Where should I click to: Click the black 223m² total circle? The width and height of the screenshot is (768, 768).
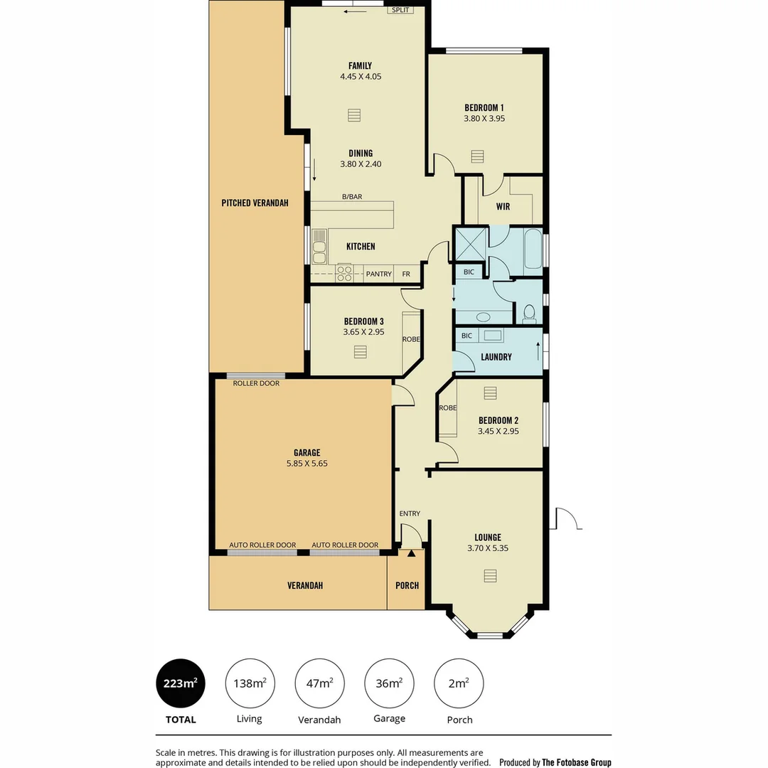pos(181,684)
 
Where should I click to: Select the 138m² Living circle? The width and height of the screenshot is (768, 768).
pos(250,684)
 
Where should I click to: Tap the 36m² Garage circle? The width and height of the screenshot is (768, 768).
pos(389,684)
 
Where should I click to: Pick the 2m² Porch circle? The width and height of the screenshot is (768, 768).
pos(459,684)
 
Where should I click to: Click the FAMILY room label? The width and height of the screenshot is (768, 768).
pos(360,66)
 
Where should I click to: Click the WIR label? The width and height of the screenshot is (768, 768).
pos(503,207)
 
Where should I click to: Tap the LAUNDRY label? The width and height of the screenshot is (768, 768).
pos(496,357)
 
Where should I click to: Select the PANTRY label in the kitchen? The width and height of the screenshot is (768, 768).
pos(378,274)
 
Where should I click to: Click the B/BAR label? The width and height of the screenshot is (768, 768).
pos(352,196)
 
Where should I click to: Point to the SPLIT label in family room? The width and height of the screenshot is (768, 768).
pos(401,10)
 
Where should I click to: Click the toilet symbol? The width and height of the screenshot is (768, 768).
pos(528,312)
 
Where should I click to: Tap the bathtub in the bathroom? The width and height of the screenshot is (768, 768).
pos(533,250)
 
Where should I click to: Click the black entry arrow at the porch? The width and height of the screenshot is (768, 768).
pos(410,553)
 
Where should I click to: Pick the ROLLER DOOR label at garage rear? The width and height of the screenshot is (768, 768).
pos(256,383)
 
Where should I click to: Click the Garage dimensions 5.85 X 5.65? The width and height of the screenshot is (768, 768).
pos(306,463)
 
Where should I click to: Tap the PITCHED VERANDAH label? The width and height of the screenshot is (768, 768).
pos(255,203)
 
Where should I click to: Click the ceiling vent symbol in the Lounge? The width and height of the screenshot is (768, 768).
pos(489,575)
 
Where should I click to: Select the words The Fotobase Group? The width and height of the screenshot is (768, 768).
pos(576,762)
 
